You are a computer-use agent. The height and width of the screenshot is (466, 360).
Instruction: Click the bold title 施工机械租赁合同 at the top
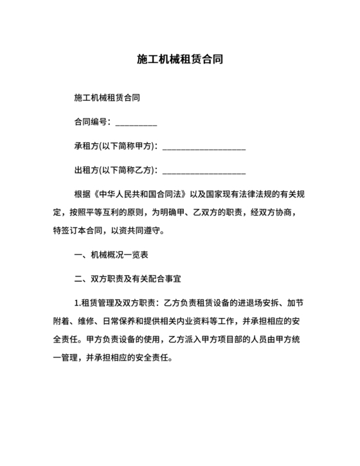point(180,60)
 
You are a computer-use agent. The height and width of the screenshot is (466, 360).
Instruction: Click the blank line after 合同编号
point(136,123)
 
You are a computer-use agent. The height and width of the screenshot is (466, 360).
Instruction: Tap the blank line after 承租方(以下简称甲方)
point(204,148)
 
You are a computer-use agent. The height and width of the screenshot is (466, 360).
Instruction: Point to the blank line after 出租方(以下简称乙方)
point(204,172)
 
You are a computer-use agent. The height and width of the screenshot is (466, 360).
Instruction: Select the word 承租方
point(86,147)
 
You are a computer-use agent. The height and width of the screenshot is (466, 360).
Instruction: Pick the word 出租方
point(86,171)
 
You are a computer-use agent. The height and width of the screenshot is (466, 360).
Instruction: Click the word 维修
point(86,320)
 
